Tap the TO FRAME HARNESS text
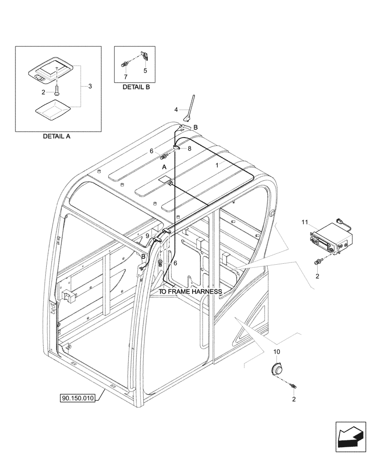[x=190, y=291]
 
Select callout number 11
[x=304, y=222]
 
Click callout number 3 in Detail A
[x=90, y=86]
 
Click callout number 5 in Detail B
[x=145, y=70]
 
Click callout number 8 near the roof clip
[x=189, y=148]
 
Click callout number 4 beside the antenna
[x=176, y=109]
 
